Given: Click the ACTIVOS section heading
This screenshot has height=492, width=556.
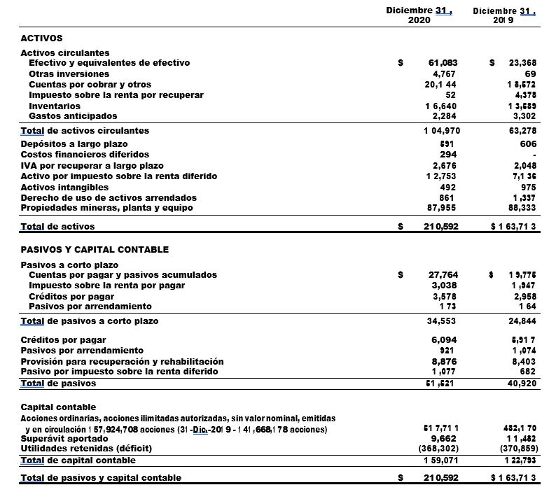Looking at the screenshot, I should pos(41,38).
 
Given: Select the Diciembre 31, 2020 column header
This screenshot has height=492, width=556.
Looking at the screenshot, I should pos(419,15).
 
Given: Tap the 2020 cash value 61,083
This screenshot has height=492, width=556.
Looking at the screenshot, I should pos(443,63).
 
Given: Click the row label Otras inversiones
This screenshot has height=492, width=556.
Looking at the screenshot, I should pos(69,73).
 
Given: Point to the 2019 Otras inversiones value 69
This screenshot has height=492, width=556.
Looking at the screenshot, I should pos(530,73).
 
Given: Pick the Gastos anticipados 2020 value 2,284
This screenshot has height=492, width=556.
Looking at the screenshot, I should pos(445,115).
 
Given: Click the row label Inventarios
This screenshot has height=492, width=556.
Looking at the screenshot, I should pos(55,106).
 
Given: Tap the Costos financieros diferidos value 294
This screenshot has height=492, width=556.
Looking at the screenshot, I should pos(448,154).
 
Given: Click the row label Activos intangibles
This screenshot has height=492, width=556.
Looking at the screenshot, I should pos(64,187).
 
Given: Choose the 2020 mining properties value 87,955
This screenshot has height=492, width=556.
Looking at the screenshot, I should pos(442,208).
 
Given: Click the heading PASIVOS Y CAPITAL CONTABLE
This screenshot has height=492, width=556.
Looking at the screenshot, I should pos(95,249).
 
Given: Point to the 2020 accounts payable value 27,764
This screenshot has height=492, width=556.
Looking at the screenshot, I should pos(443,275).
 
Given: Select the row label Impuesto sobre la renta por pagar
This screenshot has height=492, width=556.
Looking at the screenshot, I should pos(106,286).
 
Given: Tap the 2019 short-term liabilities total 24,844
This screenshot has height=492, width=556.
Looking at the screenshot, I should pos(522,321).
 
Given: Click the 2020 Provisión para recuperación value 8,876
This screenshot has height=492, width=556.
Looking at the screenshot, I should pos(445,361).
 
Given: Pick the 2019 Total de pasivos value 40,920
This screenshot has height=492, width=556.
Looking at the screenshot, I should pos(522,384).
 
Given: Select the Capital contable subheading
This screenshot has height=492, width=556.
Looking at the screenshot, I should pos(58,407).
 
